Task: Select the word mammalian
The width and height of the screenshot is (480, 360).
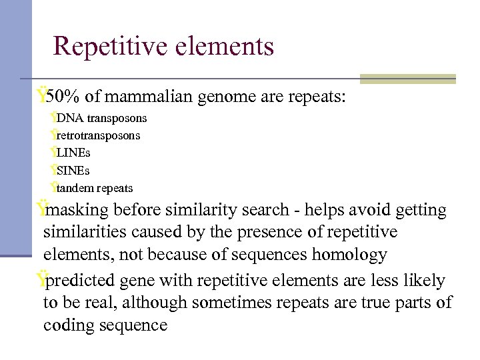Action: (x=147, y=97)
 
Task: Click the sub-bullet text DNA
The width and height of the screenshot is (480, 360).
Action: (x=67, y=119)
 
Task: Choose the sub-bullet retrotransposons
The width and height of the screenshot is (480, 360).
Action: (x=98, y=136)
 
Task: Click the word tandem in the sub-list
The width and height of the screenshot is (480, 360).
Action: (x=77, y=189)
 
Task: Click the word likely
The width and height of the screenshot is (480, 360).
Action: (x=423, y=281)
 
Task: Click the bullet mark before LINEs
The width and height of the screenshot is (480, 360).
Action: (x=53, y=153)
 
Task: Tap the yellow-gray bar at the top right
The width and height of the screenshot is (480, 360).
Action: (x=407, y=79)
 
